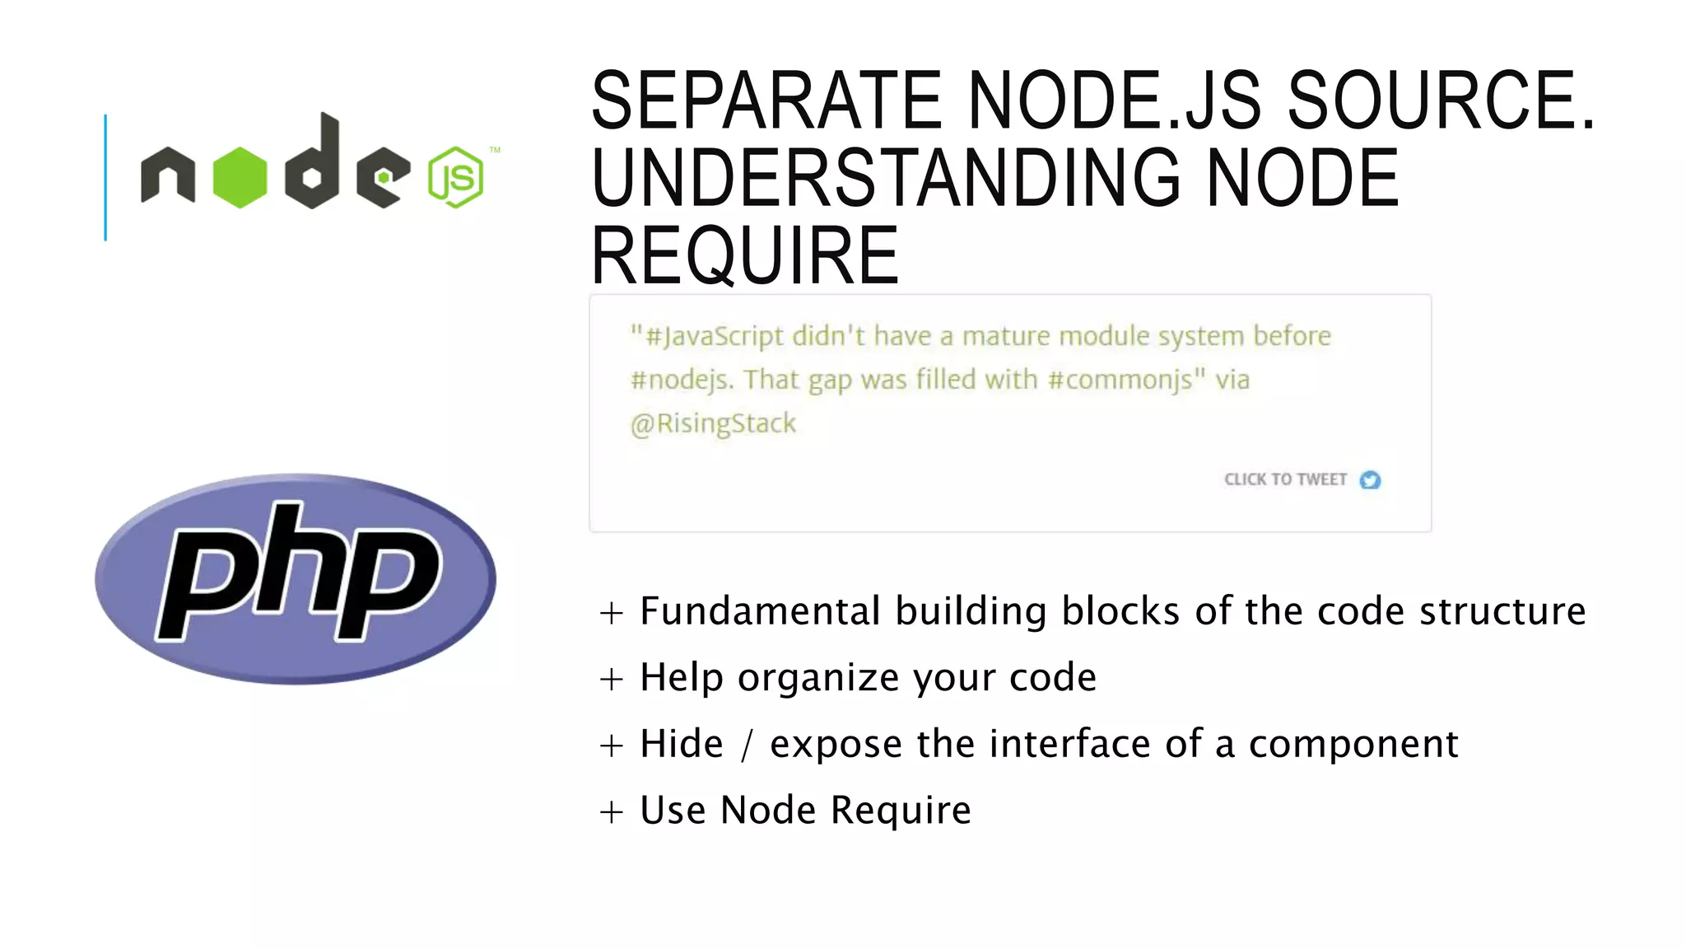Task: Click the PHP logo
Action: (x=295, y=578)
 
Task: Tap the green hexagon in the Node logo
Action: (x=240, y=177)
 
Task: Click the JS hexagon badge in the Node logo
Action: (x=455, y=177)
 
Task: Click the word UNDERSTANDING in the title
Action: (x=885, y=178)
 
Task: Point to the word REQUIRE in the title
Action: (x=745, y=256)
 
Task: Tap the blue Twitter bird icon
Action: (x=1370, y=479)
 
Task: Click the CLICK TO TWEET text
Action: (x=1285, y=479)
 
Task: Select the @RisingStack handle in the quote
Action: (x=713, y=423)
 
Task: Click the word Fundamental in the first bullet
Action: (x=760, y=611)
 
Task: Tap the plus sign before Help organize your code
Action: (x=611, y=680)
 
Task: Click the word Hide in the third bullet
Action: (x=682, y=744)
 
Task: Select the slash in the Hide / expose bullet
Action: (x=747, y=745)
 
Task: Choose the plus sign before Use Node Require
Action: (x=611, y=812)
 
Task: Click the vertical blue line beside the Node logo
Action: (x=105, y=177)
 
